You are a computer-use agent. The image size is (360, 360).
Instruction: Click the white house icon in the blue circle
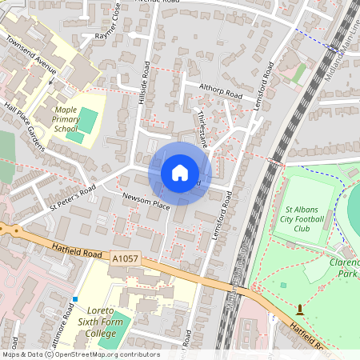180,172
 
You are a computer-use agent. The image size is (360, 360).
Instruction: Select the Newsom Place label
146,201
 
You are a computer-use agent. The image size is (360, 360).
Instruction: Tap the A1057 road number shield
126,259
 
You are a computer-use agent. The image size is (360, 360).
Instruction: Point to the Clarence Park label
344,267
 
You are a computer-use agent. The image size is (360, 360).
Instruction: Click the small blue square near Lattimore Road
74,299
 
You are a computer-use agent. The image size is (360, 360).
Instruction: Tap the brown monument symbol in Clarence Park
300,309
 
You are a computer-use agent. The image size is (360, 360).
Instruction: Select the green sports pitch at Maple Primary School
88,121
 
